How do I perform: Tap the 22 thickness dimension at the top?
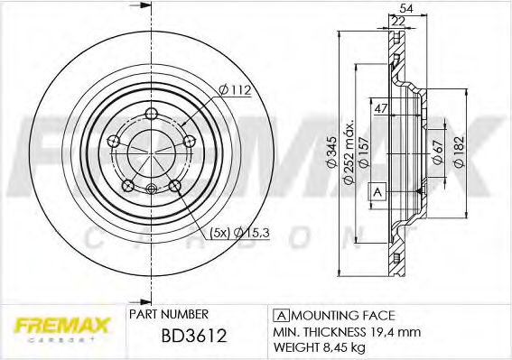pos(399,21)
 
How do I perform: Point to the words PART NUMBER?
pos(169,314)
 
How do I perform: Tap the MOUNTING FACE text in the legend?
pos(342,315)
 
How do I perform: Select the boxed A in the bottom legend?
pos(281,315)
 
